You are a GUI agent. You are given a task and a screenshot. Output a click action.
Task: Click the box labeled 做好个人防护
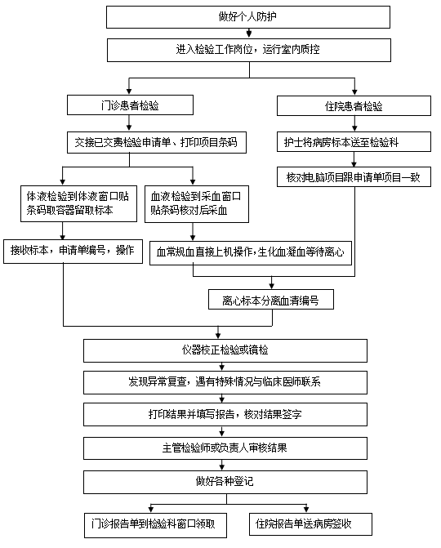(248, 17)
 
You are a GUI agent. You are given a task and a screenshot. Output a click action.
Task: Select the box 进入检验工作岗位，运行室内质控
(249, 50)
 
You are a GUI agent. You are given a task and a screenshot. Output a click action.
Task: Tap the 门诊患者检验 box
(130, 105)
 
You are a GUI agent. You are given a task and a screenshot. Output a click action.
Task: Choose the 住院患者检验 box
(354, 105)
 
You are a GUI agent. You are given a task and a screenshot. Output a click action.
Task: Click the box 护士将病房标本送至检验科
(354, 141)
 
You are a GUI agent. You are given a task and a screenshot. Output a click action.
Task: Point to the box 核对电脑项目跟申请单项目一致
(354, 177)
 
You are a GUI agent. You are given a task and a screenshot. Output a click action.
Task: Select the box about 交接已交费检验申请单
(157, 142)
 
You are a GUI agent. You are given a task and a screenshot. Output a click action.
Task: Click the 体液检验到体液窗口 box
(78, 203)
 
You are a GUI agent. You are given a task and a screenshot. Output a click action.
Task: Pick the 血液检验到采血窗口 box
(197, 204)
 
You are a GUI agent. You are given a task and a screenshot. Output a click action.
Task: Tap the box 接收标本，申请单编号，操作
(73, 252)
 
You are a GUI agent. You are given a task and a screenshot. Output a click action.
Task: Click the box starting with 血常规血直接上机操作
(251, 252)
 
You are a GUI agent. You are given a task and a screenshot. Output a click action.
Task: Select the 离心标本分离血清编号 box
(271, 299)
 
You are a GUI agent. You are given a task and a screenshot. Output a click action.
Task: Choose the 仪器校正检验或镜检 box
(225, 350)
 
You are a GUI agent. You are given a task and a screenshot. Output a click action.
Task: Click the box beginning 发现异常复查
(225, 383)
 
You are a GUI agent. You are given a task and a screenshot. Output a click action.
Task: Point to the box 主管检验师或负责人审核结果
(225, 448)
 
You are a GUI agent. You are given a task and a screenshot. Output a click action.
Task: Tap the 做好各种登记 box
(225, 482)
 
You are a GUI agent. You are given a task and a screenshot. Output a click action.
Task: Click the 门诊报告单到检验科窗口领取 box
(155, 525)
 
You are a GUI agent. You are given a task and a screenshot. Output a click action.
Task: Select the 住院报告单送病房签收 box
(310, 524)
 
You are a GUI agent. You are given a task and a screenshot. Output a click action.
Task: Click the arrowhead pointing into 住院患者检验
(354, 92)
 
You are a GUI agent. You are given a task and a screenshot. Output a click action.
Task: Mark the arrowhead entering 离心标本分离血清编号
(271, 286)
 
